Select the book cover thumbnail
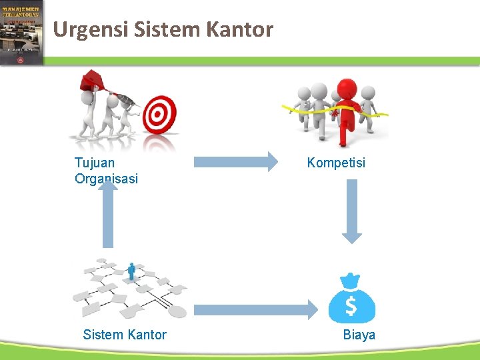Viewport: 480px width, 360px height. (x=21, y=32)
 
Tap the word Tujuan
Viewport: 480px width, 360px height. (x=95, y=162)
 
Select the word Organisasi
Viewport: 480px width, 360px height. (x=107, y=178)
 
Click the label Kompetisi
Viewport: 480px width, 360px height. (x=336, y=162)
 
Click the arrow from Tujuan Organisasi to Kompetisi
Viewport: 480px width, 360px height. (x=236, y=161)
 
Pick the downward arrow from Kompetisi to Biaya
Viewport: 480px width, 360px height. (x=351, y=211)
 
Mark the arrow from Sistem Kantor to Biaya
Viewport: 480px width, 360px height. (x=256, y=309)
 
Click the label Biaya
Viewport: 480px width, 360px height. (x=359, y=335)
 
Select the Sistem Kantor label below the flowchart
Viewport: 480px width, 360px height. (x=125, y=335)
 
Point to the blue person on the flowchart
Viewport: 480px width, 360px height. (x=132, y=271)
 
